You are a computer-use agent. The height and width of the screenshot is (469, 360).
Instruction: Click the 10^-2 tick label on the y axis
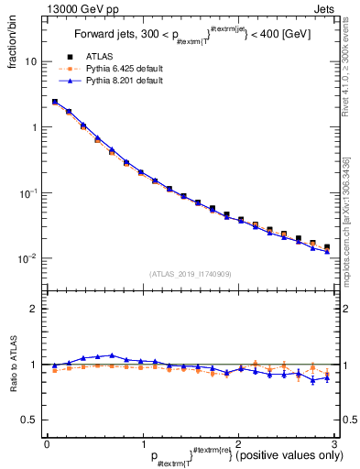coord(29,259)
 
